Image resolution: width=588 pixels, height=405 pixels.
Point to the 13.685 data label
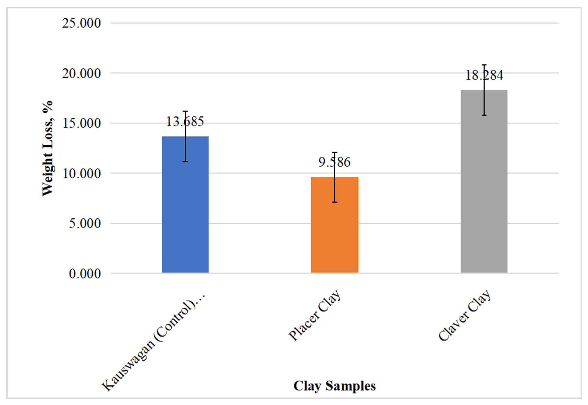coord(185,122)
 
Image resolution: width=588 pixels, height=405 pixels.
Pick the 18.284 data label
coord(484,75)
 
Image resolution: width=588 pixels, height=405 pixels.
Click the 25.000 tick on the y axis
coord(81,23)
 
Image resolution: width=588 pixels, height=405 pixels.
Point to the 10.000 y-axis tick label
coord(81,174)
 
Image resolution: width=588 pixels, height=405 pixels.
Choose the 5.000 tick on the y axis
coord(85,224)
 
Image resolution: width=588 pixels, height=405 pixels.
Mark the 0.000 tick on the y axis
coord(85,274)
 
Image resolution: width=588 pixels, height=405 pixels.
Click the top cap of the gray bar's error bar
coord(484,65)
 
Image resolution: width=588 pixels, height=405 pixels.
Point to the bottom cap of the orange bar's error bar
coord(335,202)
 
